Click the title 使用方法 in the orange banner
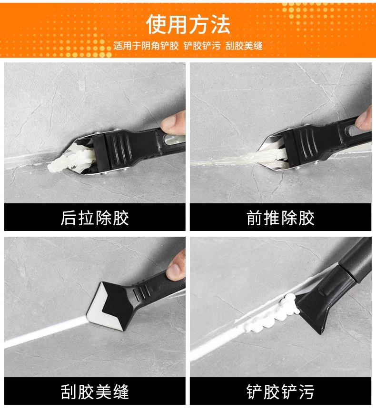pos(188,24)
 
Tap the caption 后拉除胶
pos(95,218)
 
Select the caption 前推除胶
pos(280,218)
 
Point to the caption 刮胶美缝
pos(95,392)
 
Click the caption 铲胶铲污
pos(280,392)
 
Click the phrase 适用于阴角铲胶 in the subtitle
pos(146,46)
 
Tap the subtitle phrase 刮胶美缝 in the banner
pos(244,46)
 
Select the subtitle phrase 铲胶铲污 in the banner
pos(202,46)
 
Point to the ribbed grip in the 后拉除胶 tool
pos(119,148)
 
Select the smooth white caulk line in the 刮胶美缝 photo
pos(45,331)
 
